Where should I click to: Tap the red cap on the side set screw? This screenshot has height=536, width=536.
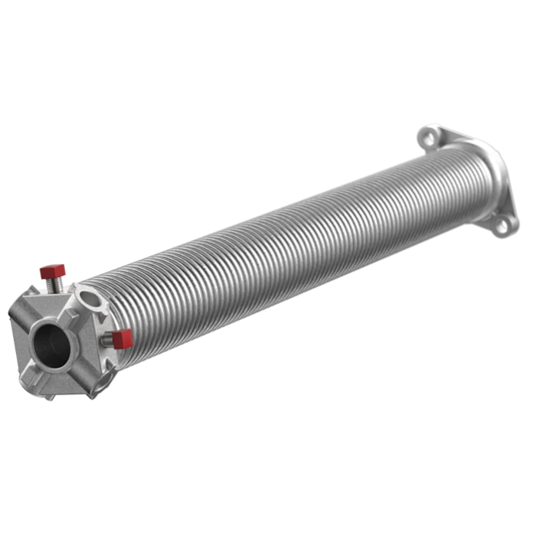(123, 337)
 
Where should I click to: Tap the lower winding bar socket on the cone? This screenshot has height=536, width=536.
(98, 374)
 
